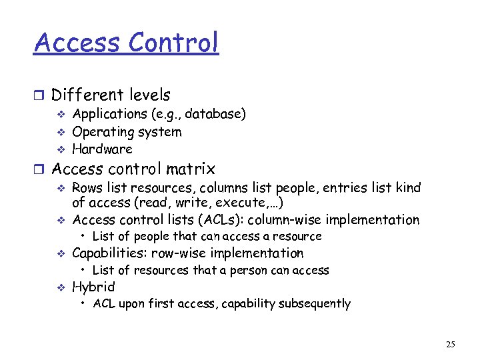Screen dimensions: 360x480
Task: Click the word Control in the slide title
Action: pos(173,43)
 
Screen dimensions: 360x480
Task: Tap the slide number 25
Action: pos(451,345)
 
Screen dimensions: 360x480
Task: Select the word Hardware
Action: pos(102,149)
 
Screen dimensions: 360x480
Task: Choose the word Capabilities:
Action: pos(110,253)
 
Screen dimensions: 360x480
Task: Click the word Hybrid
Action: pos(93,287)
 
